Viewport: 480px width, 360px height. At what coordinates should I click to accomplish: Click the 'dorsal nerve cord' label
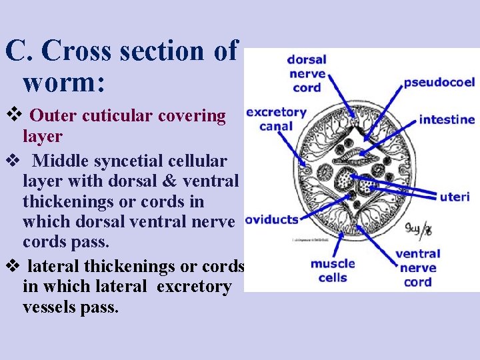(x=306, y=74)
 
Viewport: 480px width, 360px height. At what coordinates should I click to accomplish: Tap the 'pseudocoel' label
(x=439, y=83)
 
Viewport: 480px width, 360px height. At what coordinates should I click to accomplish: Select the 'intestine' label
(x=447, y=120)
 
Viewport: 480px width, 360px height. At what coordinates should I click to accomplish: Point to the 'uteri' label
(x=455, y=197)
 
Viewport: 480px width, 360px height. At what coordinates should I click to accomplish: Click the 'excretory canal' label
(x=276, y=119)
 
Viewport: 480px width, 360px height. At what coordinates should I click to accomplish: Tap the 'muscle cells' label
(x=333, y=271)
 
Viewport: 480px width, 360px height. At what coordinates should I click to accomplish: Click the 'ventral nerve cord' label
(x=417, y=267)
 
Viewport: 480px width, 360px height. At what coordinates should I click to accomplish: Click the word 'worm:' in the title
(x=63, y=83)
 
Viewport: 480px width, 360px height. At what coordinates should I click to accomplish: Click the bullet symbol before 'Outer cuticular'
(x=13, y=116)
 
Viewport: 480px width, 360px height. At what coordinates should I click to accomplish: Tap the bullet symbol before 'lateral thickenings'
(x=13, y=267)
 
